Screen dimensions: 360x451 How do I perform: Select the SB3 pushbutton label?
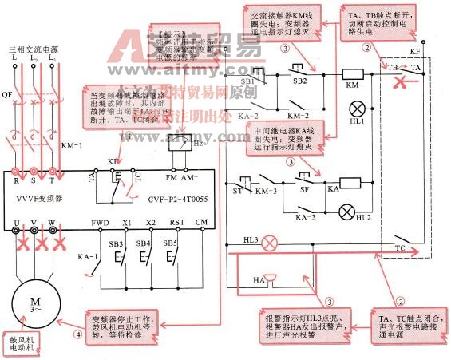click(x=117, y=243)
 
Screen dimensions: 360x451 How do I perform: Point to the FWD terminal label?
click(x=101, y=222)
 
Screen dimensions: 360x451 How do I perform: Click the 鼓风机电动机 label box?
click(x=22, y=343)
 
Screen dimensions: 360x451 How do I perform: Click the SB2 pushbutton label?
click(x=299, y=81)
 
